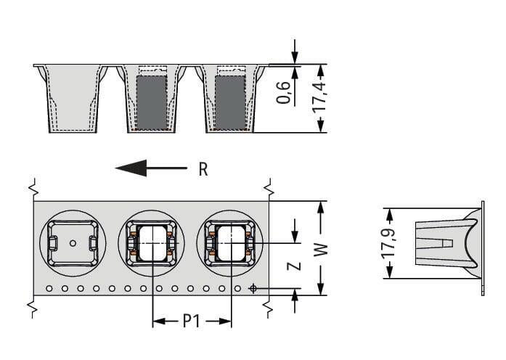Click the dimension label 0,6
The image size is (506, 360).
[x=285, y=94]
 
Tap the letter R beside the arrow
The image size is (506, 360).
[x=203, y=170]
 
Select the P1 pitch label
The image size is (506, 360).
[x=191, y=320]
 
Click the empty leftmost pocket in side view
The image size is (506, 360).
[x=73, y=98]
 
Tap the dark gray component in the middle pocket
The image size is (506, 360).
[x=151, y=102]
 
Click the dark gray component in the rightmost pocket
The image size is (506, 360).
[x=229, y=102]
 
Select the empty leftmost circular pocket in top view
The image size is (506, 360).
[x=73, y=243]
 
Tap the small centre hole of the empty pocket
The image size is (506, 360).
[x=73, y=244]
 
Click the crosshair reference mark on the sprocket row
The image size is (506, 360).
[x=253, y=289]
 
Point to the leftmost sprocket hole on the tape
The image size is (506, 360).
[x=49, y=289]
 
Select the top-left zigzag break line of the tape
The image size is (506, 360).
[x=33, y=190]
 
